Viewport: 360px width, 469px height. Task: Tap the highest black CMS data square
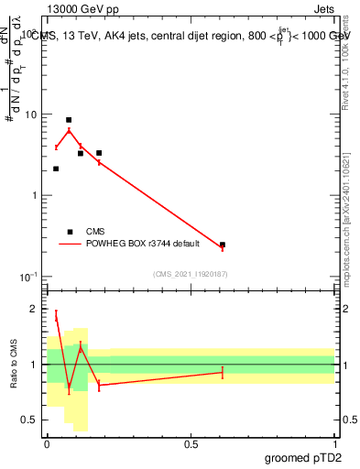tap(69, 120)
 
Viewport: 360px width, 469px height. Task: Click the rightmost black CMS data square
tap(223, 245)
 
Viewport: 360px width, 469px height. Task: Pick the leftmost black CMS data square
tap(56, 169)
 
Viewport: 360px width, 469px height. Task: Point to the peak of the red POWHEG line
tap(69, 130)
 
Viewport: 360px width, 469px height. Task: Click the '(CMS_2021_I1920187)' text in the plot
tap(191, 274)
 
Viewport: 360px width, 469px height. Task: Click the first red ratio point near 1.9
tap(56, 317)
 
